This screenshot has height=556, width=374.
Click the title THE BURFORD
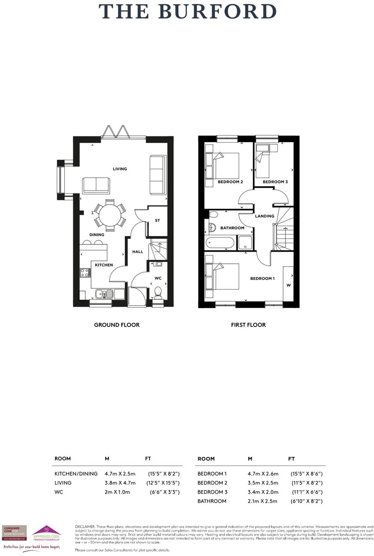coord(188,12)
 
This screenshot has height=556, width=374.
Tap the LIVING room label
coord(120,169)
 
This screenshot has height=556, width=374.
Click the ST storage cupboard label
coord(157,221)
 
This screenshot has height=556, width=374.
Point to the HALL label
coord(137,252)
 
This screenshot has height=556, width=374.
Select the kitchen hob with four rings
coord(85,273)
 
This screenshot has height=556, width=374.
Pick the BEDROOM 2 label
coord(230,182)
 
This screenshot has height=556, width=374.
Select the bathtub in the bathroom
coord(220,243)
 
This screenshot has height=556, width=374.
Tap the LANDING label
coord(265,216)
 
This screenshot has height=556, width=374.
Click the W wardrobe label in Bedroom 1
coord(288,285)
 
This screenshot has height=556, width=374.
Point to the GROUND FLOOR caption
coord(117,325)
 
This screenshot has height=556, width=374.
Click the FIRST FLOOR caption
coord(248,325)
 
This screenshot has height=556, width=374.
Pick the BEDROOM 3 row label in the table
coord(212,492)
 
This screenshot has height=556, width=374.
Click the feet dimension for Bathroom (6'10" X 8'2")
coord(306,501)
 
